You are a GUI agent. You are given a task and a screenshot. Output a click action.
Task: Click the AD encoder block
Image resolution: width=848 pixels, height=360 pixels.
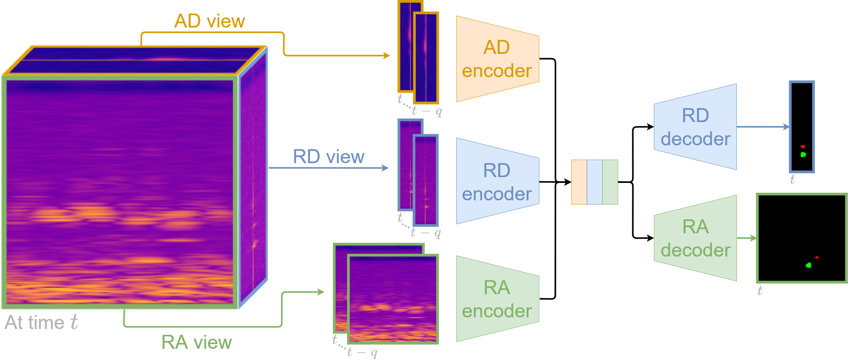tap(497, 59)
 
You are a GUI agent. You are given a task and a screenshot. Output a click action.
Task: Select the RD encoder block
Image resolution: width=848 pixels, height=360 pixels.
tap(497, 181)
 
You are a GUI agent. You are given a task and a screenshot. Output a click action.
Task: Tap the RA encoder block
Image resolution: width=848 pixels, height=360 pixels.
tap(497, 299)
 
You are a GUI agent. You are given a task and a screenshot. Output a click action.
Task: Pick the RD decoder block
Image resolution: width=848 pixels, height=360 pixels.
tap(695, 127)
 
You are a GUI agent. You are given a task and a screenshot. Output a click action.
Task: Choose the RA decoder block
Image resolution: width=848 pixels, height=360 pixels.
tap(695, 238)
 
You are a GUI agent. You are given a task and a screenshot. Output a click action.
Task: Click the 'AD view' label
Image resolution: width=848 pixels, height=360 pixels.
tap(210, 21)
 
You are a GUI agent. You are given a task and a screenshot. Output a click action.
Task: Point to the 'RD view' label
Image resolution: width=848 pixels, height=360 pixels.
tap(329, 157)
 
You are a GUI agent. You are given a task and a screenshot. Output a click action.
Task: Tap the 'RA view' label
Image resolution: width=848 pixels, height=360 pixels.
tap(196, 342)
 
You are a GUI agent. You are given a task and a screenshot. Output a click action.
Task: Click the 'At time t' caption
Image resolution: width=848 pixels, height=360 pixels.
tap(41, 322)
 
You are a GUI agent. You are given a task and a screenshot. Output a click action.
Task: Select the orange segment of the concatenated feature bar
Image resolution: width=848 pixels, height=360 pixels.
tap(579, 182)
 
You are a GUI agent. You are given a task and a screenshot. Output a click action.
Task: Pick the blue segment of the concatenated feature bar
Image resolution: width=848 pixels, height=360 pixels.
tap(595, 182)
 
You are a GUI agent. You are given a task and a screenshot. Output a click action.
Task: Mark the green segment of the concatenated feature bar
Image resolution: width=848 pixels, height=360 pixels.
tap(610, 182)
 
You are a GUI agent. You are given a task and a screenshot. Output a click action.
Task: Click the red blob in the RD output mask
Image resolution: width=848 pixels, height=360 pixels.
tap(803, 146)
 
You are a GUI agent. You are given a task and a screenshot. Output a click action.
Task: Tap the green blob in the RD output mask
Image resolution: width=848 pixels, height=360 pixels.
tap(803, 155)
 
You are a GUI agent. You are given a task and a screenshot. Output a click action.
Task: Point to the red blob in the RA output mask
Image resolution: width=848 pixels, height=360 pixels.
tap(817, 257)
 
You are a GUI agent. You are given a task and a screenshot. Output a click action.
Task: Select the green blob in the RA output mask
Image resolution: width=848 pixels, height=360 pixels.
tap(808, 265)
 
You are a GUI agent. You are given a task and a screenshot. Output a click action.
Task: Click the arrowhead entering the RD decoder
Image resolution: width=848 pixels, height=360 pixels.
tap(650, 127)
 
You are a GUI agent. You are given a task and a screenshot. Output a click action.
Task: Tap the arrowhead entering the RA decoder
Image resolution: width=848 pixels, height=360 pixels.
tap(650, 238)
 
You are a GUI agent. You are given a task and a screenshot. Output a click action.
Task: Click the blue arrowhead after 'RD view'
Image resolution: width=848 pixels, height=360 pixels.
tap(385, 168)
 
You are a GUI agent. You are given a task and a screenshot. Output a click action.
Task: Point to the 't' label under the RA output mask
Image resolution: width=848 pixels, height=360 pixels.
tap(760, 291)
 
